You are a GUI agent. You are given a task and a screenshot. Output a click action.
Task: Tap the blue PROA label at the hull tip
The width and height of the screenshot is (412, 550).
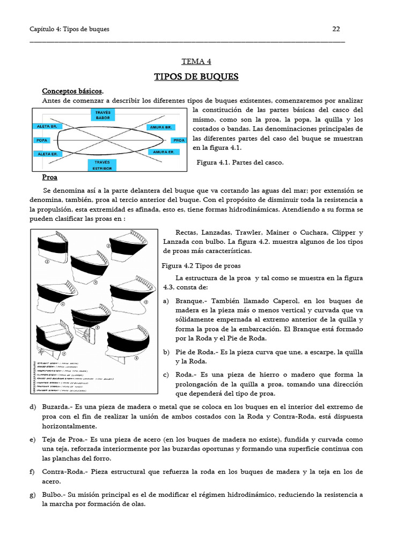(179, 140)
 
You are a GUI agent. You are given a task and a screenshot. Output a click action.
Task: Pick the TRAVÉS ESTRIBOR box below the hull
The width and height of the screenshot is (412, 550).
(102, 165)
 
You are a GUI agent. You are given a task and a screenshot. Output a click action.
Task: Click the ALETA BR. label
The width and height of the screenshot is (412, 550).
(47, 127)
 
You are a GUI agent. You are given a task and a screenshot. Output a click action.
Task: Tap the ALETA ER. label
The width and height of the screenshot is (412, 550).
(47, 154)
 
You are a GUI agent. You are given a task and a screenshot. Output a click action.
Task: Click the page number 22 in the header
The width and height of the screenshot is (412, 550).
(336, 29)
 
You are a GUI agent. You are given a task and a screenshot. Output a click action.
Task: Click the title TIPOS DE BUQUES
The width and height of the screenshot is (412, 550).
(196, 77)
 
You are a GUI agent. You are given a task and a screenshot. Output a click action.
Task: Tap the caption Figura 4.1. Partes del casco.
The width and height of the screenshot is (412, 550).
(240, 162)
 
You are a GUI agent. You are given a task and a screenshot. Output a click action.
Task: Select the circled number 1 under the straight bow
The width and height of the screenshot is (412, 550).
(47, 262)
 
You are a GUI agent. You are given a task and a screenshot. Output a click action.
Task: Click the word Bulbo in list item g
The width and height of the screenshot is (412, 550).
(53, 495)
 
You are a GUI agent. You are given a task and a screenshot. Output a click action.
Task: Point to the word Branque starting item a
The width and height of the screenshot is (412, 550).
(190, 301)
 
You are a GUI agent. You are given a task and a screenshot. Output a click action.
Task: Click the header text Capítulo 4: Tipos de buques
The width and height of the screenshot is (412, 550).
(69, 29)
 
